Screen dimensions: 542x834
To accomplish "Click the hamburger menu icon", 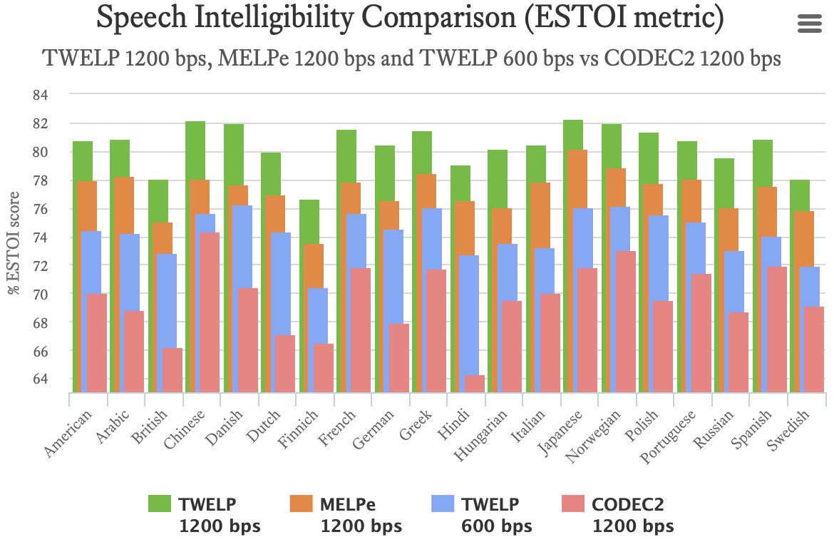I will point(810,24).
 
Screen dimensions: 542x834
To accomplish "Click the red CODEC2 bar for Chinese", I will point(210,312).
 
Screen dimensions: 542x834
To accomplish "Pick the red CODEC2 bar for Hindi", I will point(475,383).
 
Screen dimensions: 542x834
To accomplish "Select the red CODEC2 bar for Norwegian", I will point(625,321).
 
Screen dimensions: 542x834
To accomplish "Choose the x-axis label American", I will point(69,435).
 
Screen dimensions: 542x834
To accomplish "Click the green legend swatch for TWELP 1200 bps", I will point(160,503).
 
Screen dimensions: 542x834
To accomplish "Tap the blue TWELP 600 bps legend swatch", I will point(443,503).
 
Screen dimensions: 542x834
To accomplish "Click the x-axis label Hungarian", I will point(490,436).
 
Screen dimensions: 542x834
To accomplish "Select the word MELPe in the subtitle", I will point(252,58).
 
